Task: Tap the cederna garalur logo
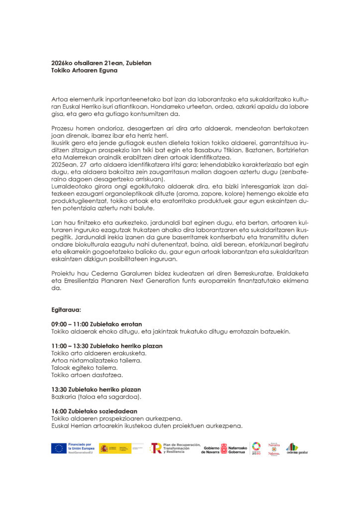point(297,448)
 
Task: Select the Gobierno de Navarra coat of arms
point(224,448)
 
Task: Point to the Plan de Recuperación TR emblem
point(156,448)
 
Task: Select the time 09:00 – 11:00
point(70,324)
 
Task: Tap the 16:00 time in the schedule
point(59,411)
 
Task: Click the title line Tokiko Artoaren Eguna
point(84,71)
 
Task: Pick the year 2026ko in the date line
point(62,63)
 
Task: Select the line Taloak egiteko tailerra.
point(85,367)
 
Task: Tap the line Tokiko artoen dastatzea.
point(87,375)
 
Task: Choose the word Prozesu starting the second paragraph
point(63,128)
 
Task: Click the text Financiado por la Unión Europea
point(80,448)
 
